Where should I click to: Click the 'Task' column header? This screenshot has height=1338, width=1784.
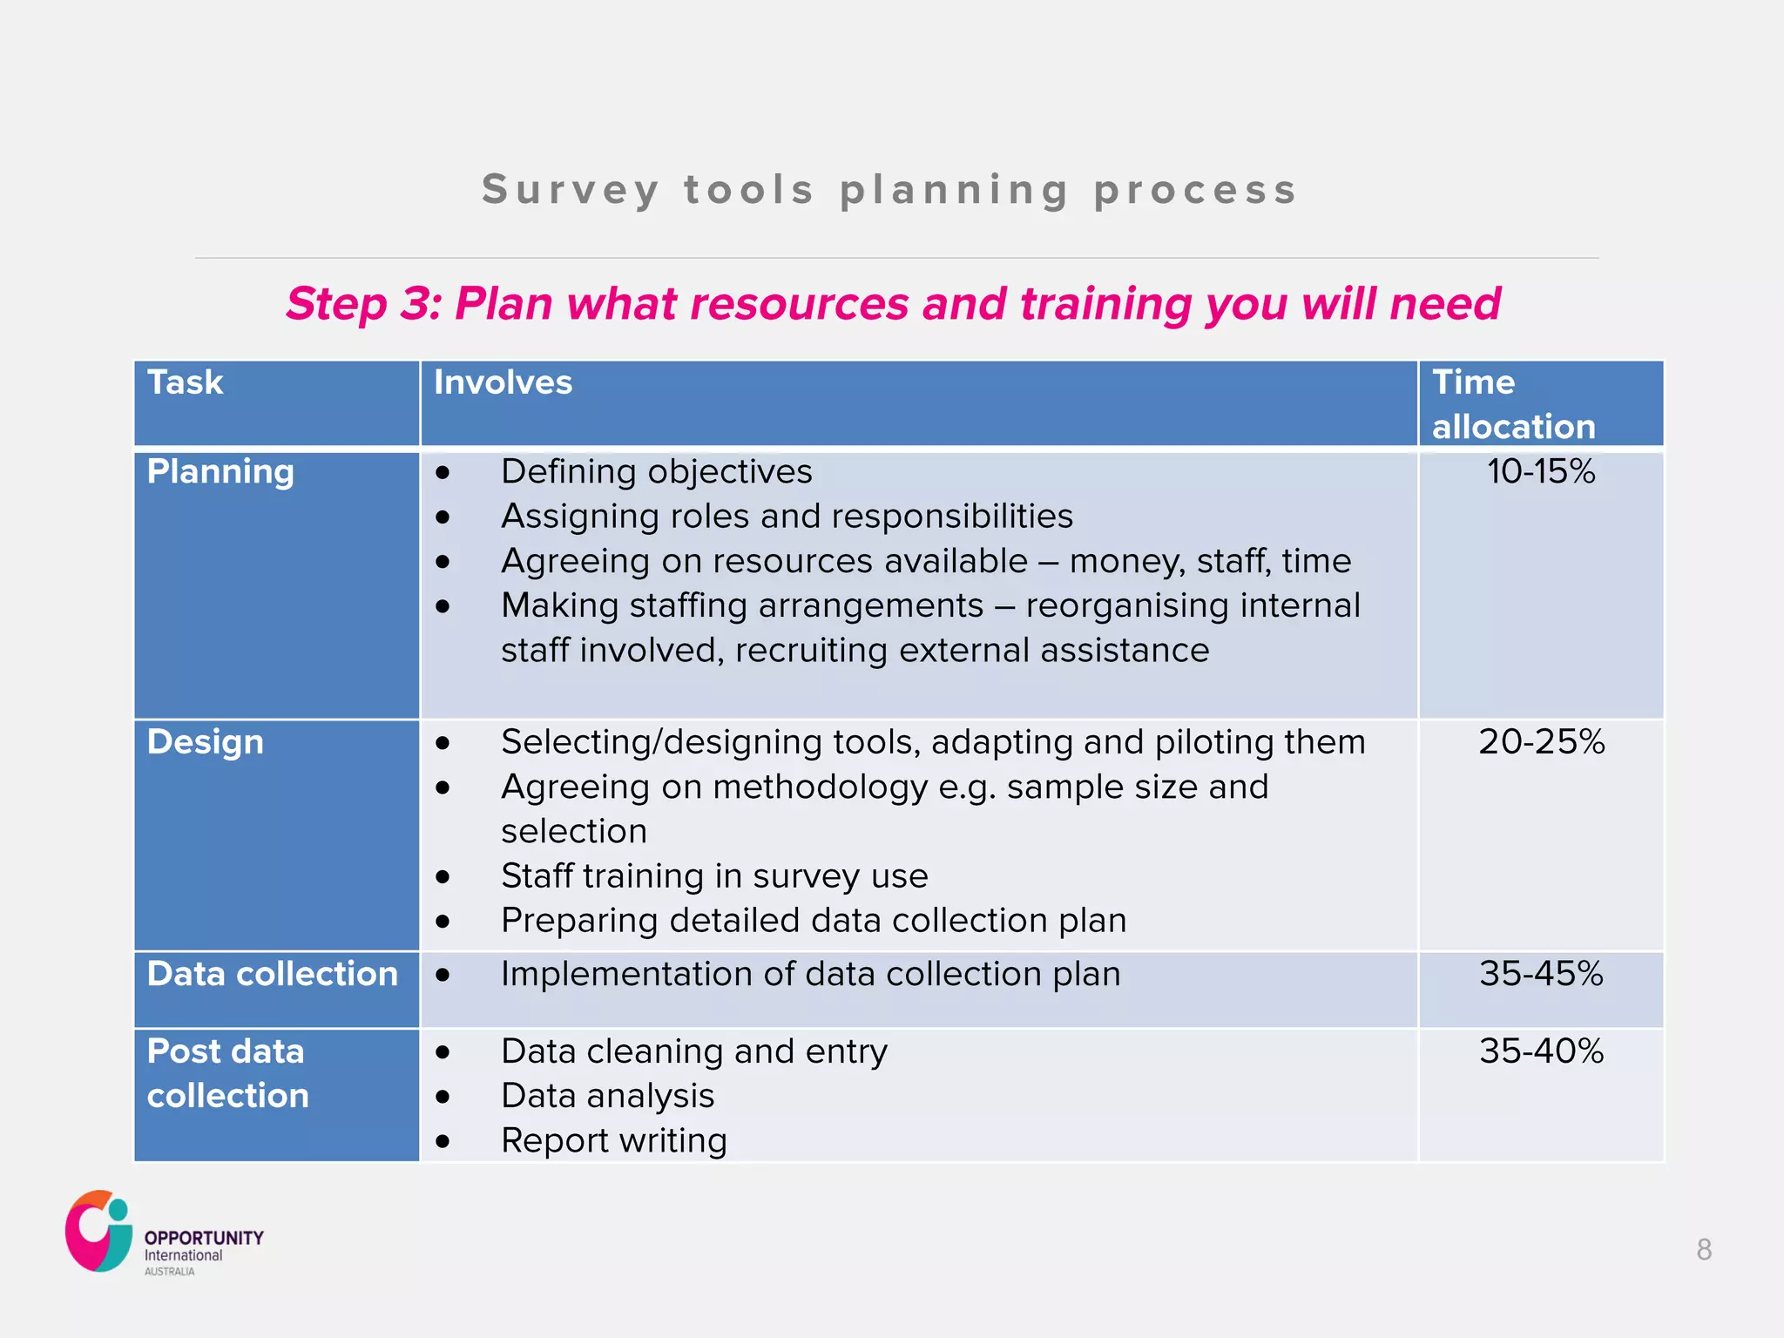coord(185,382)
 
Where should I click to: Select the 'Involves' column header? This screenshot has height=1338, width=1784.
coord(503,382)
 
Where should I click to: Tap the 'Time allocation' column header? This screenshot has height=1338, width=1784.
coord(1513,404)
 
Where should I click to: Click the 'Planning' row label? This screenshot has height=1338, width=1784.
coord(220,471)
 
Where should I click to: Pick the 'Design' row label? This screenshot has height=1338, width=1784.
coord(205,742)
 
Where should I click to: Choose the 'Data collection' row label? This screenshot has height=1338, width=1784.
coord(272,974)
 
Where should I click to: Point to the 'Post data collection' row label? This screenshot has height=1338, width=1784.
coord(227,1073)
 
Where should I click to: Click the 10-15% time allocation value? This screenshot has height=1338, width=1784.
coord(1540,471)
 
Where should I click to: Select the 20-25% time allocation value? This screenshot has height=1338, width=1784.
coord(1540,742)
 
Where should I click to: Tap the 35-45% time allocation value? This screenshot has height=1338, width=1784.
coord(1540,974)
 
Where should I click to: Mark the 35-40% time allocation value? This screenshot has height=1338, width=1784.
coord(1540,1051)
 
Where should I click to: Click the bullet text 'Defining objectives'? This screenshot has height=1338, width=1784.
coord(656,471)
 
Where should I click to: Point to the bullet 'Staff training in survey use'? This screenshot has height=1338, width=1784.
coord(714,875)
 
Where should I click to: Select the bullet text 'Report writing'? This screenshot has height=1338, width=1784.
coord(613,1140)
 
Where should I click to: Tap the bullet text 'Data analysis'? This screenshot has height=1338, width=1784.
coord(607,1096)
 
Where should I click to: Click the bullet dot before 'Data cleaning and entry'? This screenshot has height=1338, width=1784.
coord(443,1052)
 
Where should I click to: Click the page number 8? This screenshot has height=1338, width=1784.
coord(1704,1250)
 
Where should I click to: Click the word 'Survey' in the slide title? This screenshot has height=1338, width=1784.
coord(571,190)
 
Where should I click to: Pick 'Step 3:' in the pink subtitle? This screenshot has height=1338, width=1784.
coord(364,304)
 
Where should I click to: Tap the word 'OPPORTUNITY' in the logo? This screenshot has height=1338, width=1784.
coord(204,1238)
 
